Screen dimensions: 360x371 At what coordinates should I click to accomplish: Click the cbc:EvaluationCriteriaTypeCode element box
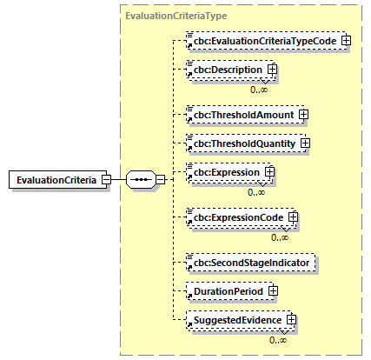coord(265,40)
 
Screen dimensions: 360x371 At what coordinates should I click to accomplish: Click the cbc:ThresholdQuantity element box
coord(245,143)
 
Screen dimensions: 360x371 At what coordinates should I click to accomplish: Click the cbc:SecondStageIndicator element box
coord(252,261)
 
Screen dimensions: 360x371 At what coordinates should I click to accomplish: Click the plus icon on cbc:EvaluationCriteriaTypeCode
coord(346,40)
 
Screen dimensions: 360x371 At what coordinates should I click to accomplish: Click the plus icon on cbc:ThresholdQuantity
coord(305,143)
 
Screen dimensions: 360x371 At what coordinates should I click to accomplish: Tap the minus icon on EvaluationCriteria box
coord(105,180)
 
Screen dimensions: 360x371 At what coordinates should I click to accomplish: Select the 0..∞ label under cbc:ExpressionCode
coord(281,236)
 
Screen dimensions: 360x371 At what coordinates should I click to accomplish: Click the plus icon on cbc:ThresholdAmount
coord(303,114)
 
